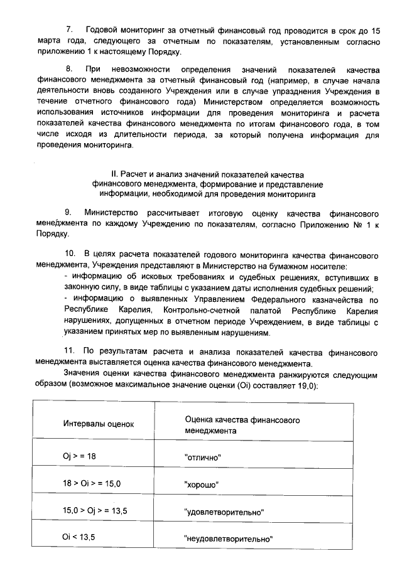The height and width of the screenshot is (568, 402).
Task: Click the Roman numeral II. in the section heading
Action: coord(116,173)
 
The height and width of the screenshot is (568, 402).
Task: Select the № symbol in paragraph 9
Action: coord(357,223)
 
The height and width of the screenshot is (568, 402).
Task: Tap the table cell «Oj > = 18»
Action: coord(79,456)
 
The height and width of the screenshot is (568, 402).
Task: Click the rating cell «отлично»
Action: coord(204,458)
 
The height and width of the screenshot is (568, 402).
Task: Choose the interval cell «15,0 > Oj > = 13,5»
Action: coord(95,511)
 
